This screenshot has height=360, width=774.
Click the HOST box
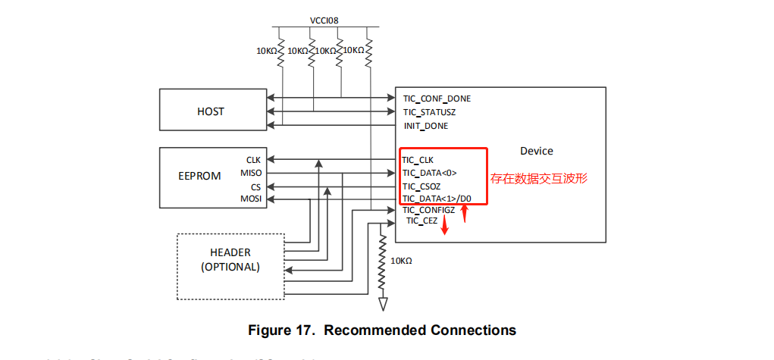(210, 111)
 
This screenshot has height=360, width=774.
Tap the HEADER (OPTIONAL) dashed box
(230, 260)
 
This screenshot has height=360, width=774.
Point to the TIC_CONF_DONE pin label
(436, 99)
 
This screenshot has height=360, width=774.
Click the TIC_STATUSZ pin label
(429, 112)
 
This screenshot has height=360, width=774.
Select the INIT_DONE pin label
(425, 126)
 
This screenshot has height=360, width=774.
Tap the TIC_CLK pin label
(418, 160)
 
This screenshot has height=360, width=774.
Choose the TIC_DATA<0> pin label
(429, 173)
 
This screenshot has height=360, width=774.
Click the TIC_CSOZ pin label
(421, 186)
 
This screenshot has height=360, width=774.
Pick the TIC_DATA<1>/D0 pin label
(437, 199)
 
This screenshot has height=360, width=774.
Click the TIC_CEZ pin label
(421, 221)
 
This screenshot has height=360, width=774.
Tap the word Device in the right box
(537, 151)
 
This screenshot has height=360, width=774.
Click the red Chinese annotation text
(539, 179)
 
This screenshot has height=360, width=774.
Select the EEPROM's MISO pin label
(251, 173)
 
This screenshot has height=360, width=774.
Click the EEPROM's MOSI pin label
(251, 199)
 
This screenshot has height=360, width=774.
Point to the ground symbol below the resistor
(383, 303)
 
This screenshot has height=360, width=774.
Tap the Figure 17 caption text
(382, 330)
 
